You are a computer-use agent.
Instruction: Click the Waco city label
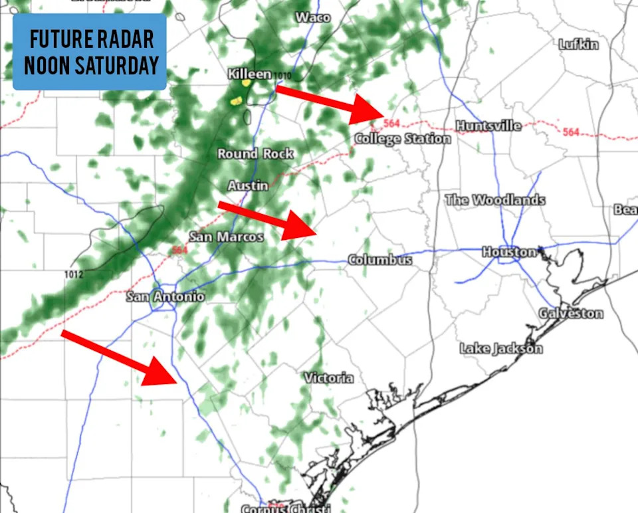313,17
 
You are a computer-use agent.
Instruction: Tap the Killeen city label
249,74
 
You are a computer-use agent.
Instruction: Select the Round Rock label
255,154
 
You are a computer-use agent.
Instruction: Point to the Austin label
248,185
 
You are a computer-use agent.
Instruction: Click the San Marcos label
227,237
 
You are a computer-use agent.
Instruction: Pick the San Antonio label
165,296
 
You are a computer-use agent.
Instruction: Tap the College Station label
403,139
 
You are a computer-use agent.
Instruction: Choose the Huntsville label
488,126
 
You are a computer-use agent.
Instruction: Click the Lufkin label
578,45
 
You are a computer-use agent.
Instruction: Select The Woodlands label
495,200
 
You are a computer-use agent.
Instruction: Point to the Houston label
509,252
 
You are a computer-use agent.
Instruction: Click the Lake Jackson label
501,348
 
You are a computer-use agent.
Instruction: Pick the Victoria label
329,378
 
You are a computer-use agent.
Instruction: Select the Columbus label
380,260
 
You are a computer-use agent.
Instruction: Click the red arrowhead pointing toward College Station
368,110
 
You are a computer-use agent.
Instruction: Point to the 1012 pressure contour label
74,274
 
